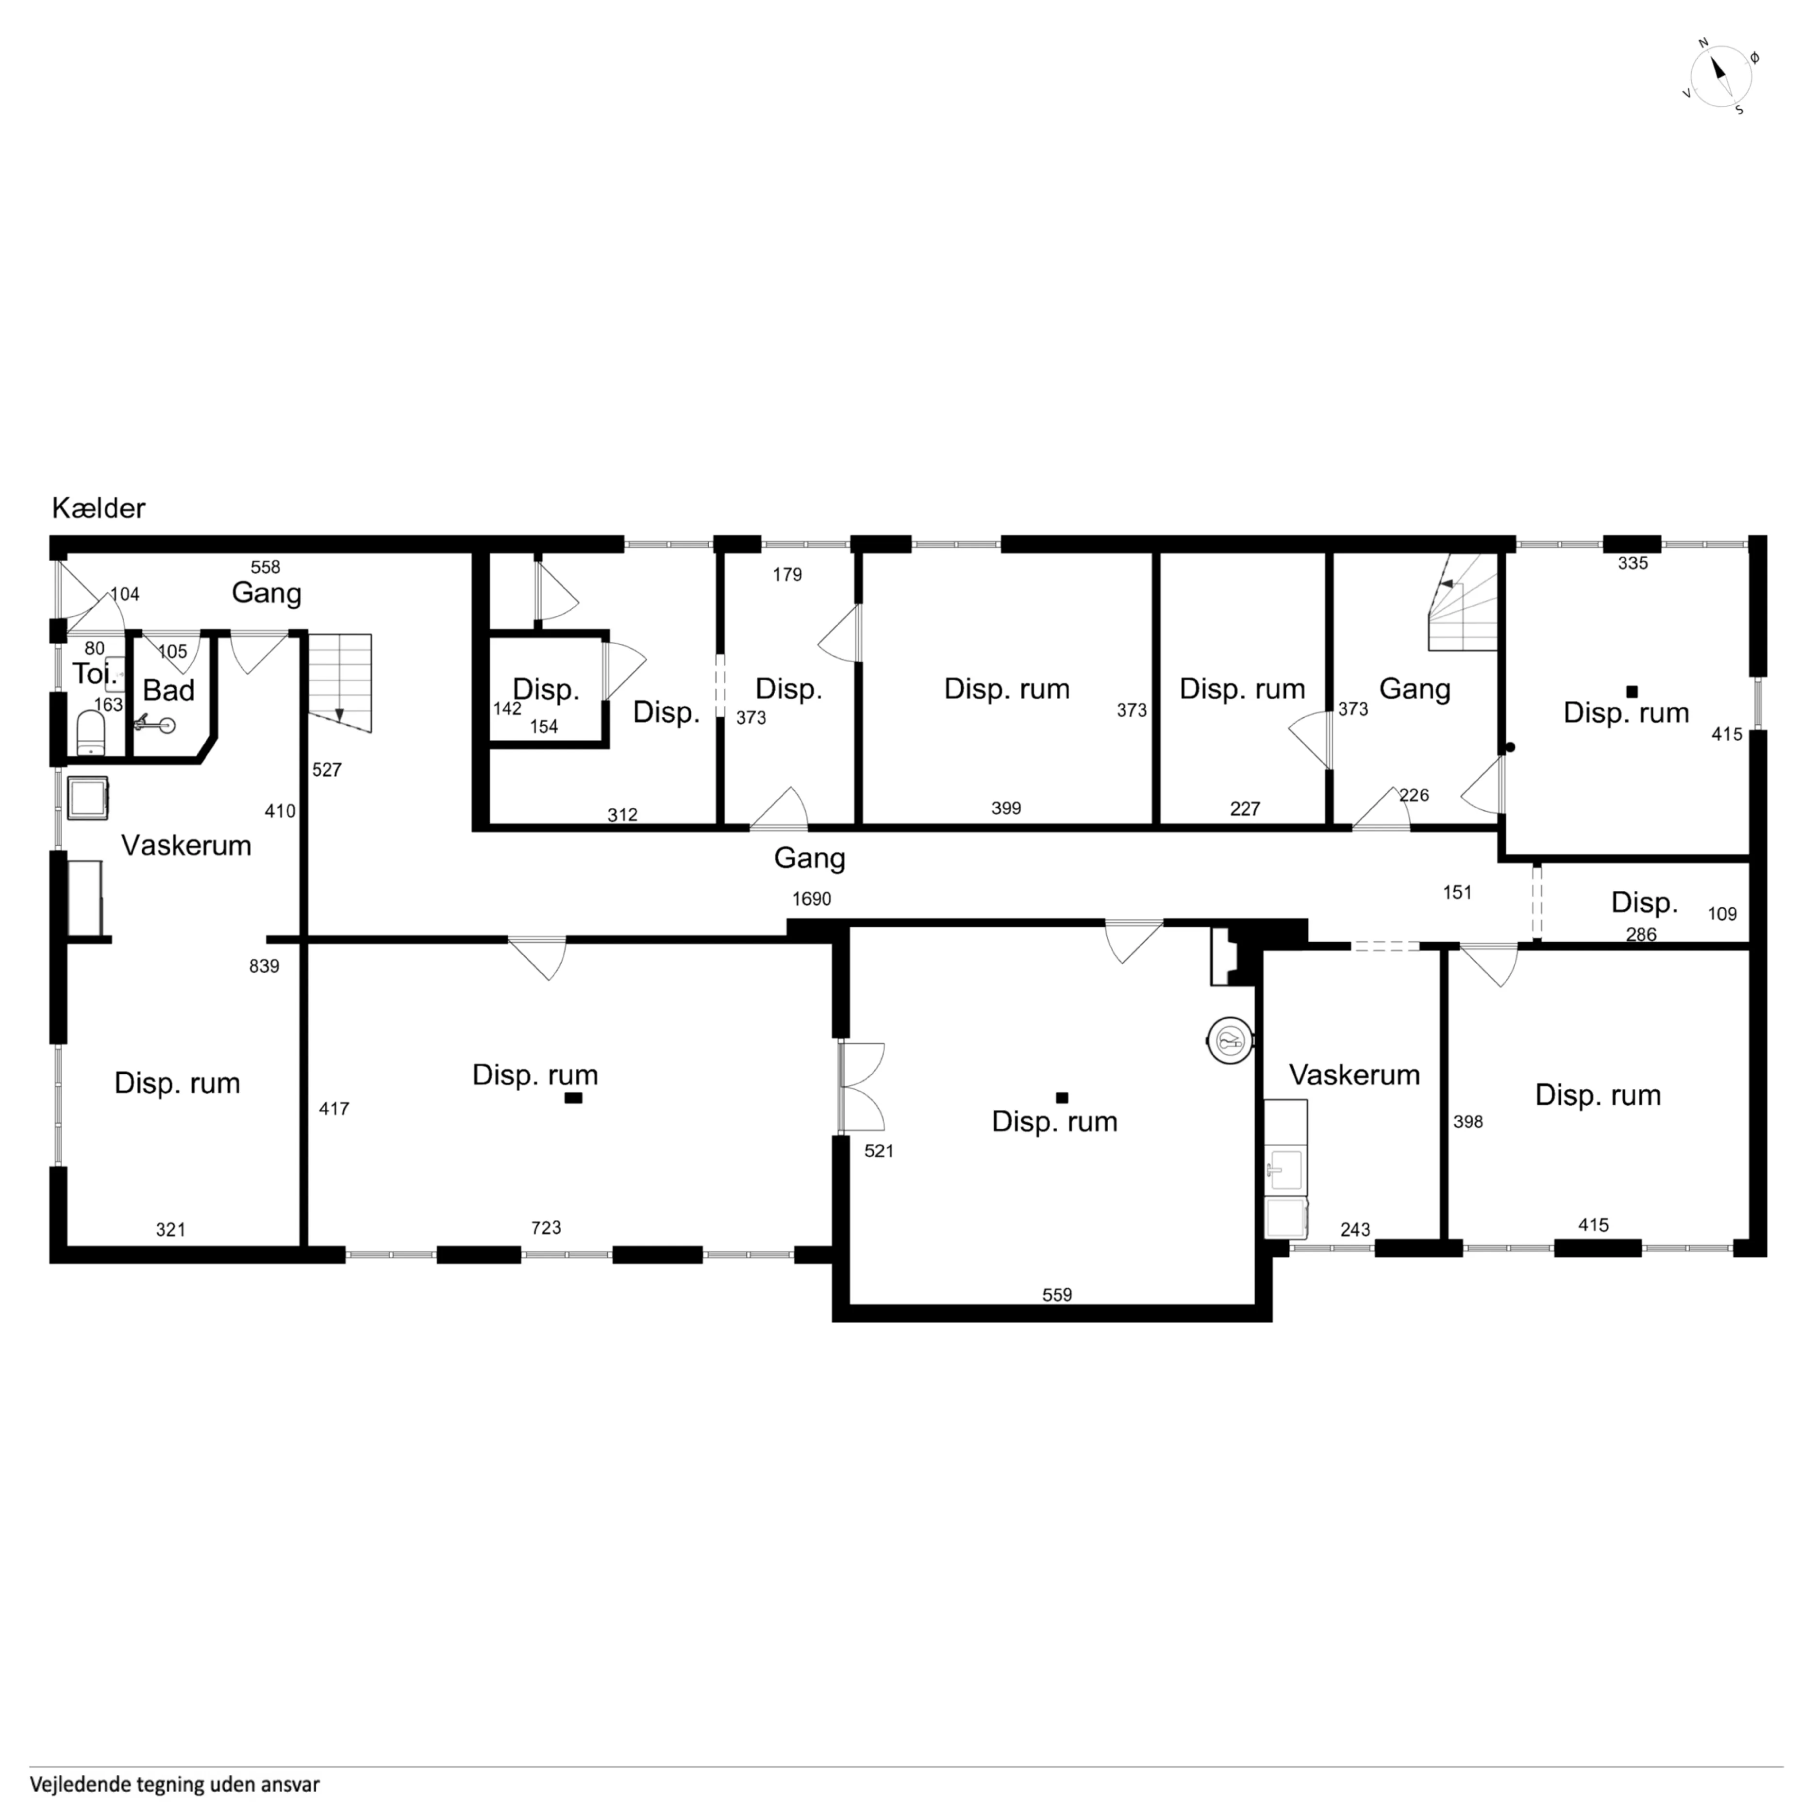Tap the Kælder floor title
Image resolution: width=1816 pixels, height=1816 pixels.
click(x=99, y=509)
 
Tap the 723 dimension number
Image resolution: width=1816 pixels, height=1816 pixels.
click(x=546, y=1228)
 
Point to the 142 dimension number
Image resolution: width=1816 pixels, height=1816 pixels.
click(x=508, y=709)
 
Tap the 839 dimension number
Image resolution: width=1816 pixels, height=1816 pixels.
click(x=264, y=966)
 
